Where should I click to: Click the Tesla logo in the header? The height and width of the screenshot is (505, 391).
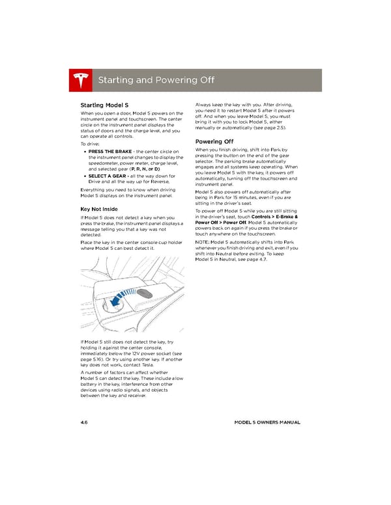pyautogui.click(x=80, y=80)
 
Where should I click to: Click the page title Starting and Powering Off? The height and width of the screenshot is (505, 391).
pyautogui.click(x=156, y=80)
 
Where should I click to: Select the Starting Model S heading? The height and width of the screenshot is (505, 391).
pyautogui.click(x=104, y=105)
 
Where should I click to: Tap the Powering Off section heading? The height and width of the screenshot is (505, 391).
pyautogui.click(x=214, y=142)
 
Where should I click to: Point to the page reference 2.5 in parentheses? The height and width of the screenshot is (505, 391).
pyautogui.click(x=281, y=128)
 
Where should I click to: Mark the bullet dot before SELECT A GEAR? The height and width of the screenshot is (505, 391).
pyautogui.click(x=85, y=176)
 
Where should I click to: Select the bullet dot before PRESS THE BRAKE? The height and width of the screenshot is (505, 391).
pyautogui.click(x=85, y=152)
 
